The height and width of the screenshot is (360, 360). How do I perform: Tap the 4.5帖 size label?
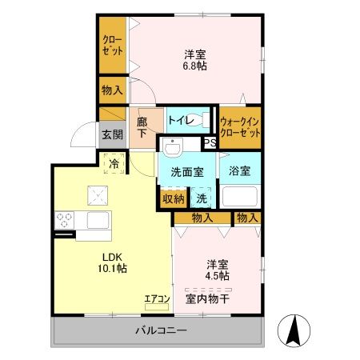click(217, 276)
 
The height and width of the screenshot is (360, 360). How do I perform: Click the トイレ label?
click(179, 120)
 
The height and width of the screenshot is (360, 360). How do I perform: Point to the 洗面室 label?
click(186, 171)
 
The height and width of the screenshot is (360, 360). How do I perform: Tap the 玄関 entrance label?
click(112, 134)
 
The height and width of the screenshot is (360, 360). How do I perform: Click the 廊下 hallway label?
click(142, 126)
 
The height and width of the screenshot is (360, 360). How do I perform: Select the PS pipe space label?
click(210, 143)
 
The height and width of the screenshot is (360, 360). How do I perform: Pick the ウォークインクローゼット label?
click(240, 126)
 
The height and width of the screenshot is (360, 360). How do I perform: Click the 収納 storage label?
click(174, 198)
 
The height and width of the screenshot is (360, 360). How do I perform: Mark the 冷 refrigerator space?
click(114, 163)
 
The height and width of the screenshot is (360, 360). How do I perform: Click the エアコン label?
click(157, 300)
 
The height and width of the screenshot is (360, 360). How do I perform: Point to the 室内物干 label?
click(208, 299)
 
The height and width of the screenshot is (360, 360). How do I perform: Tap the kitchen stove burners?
click(64, 220)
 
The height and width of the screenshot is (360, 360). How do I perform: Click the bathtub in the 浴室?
click(239, 197)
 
